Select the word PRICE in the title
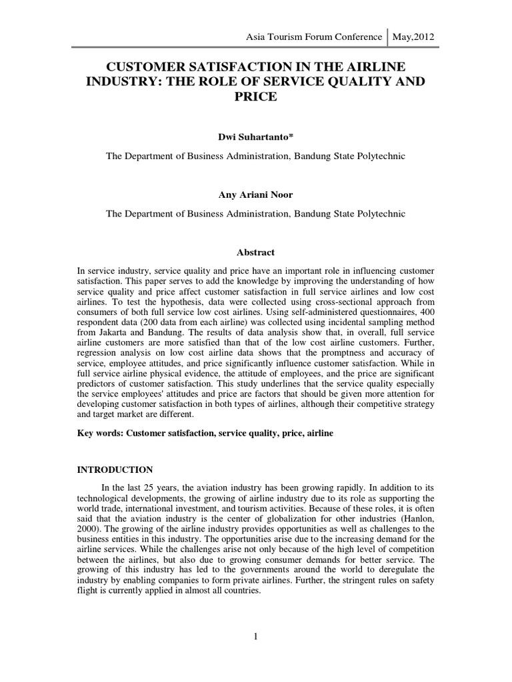[255, 97]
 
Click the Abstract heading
[256, 253]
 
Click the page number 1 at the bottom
[256, 637]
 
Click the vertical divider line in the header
[388, 36]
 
